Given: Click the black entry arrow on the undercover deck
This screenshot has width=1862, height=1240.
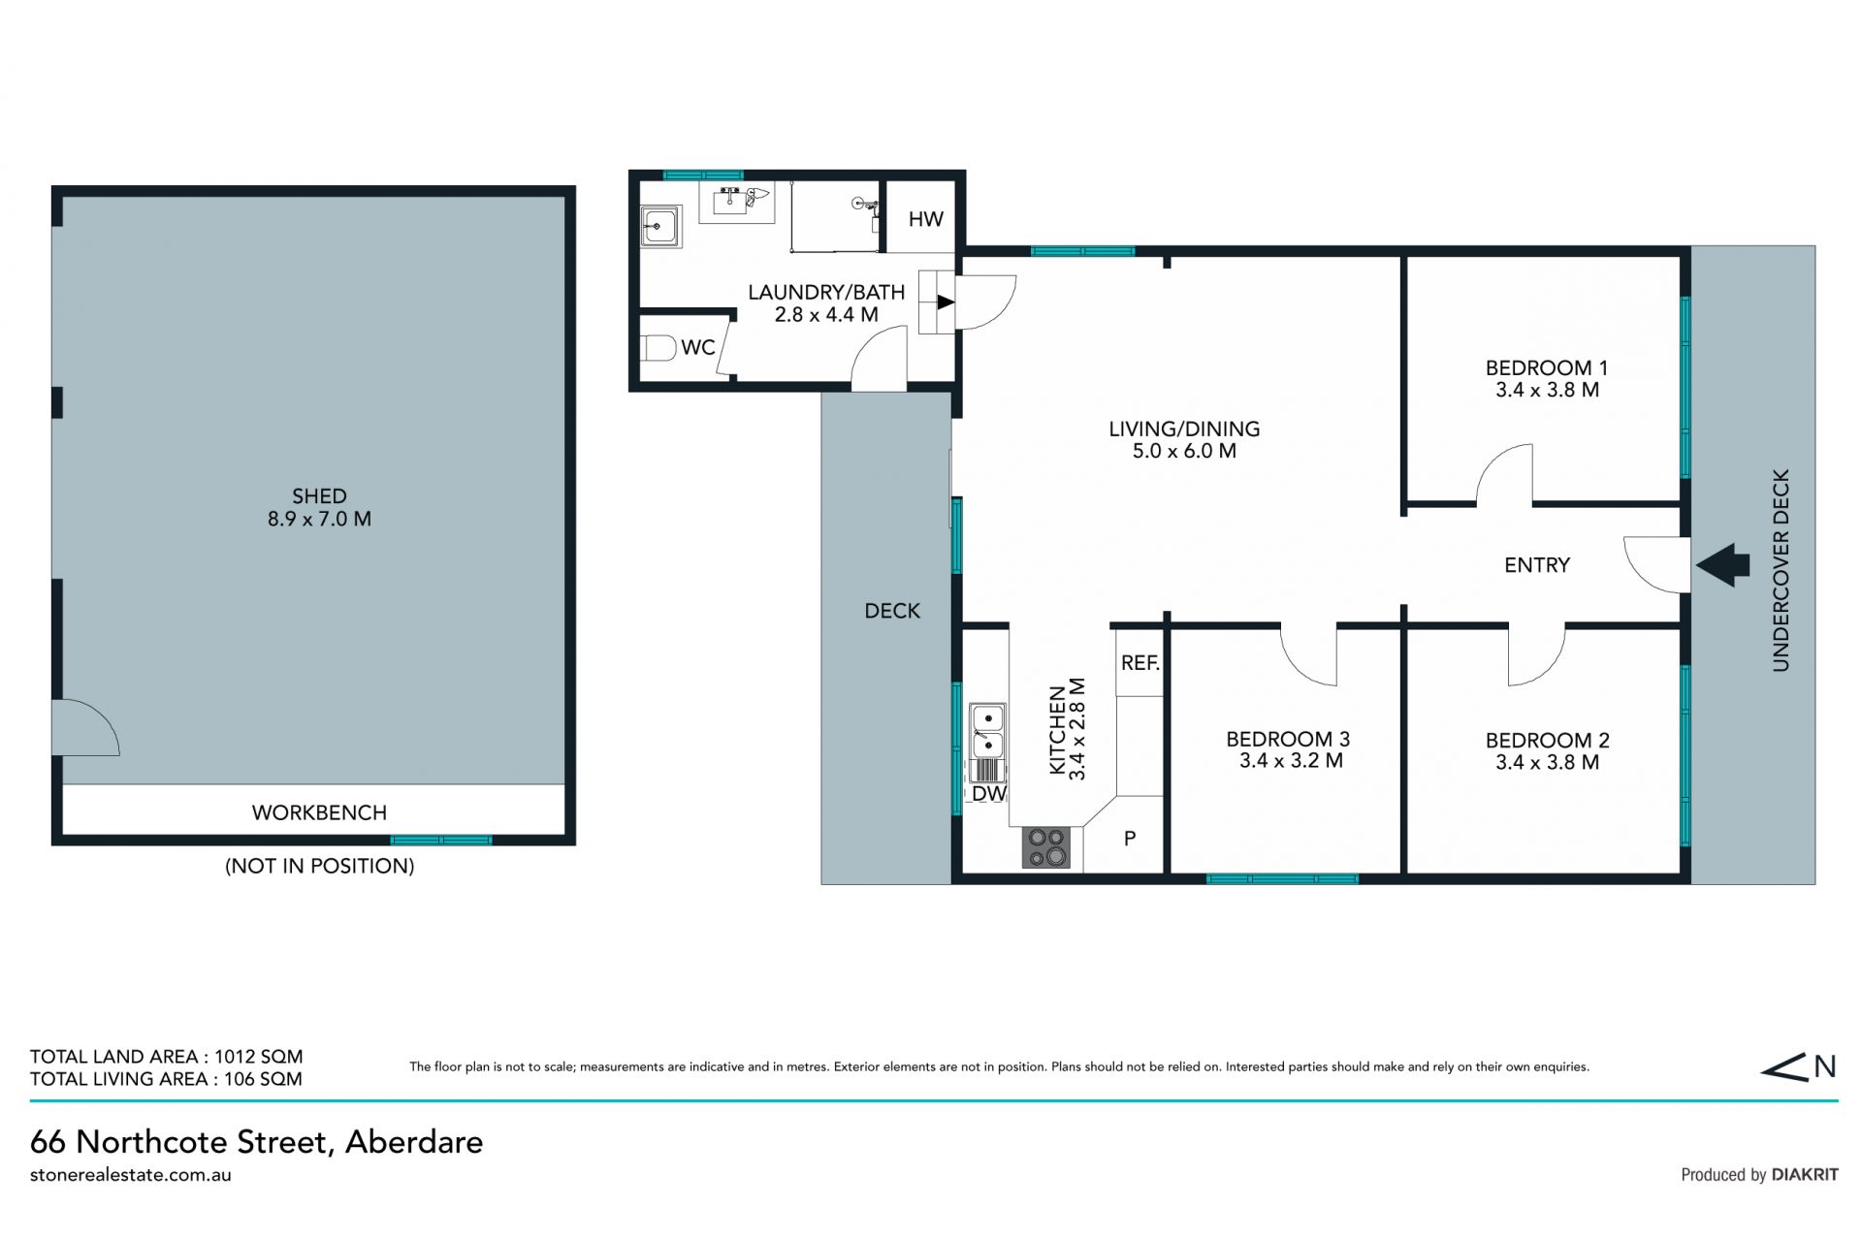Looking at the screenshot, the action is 1722,564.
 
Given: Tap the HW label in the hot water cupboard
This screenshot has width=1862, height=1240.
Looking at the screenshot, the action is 925,219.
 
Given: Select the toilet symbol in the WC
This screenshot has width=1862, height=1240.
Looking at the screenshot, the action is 658,347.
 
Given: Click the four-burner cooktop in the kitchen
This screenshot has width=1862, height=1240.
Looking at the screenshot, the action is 1046,847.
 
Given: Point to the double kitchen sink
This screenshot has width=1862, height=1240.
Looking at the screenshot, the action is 987,731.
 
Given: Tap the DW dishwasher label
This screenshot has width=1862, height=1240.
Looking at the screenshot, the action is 988,793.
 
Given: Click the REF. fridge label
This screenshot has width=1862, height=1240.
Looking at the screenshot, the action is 1140,662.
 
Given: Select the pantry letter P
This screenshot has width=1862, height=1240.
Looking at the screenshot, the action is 1130,839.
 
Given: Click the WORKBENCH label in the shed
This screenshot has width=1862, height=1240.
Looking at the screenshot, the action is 319,812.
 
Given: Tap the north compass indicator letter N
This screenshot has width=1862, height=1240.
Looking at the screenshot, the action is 1825,1066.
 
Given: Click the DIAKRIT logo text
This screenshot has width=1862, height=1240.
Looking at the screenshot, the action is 1805,1174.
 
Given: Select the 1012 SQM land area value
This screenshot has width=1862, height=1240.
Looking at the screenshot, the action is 259,1057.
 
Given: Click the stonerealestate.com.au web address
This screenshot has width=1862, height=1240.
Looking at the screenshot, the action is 131,1174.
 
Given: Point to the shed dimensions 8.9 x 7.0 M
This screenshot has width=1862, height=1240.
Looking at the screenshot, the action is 319,519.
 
